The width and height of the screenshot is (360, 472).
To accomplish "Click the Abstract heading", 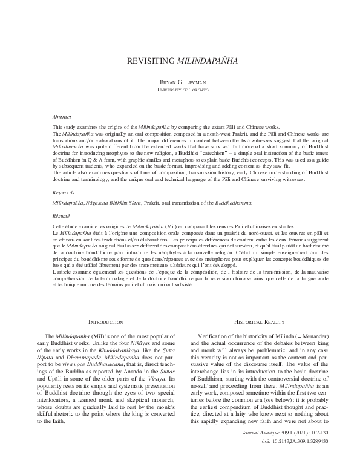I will pos(62,117).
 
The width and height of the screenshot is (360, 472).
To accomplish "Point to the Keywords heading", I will pos(64,175).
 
